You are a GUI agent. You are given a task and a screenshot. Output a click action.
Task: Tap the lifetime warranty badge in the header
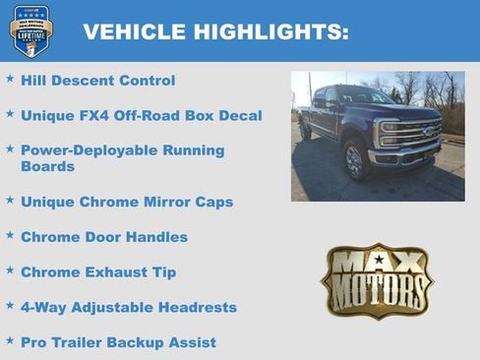click(x=31, y=31)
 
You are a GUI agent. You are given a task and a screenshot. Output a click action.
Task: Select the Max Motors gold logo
click(x=377, y=281)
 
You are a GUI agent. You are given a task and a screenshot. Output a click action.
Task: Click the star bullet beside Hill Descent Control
click(x=10, y=79)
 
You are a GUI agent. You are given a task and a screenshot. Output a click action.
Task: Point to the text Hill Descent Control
click(x=97, y=81)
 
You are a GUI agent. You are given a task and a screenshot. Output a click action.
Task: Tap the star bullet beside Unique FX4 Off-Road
click(x=10, y=114)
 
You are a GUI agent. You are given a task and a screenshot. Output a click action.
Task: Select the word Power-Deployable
click(x=89, y=150)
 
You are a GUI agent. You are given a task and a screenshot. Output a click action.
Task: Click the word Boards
click(x=48, y=167)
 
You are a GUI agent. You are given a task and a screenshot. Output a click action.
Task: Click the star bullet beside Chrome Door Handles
click(x=10, y=235)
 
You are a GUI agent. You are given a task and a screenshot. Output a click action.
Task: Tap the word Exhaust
click(x=117, y=272)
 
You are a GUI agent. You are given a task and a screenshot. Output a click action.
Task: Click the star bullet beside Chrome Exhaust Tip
click(x=10, y=270)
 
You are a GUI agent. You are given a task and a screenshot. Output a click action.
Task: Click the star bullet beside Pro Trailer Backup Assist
click(x=10, y=340)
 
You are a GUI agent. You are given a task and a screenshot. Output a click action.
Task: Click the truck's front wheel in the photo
click(x=354, y=160)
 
